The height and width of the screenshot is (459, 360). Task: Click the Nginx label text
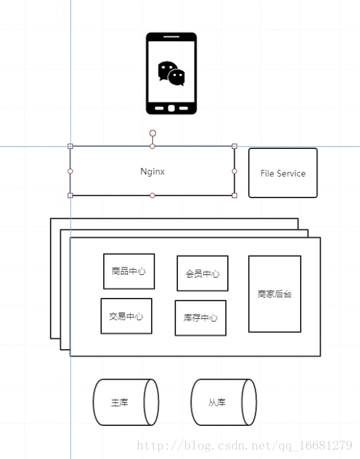[x=152, y=171]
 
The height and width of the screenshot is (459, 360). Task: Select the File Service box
[x=282, y=173]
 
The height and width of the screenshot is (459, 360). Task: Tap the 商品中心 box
[x=129, y=271]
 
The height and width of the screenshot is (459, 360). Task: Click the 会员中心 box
[x=202, y=273]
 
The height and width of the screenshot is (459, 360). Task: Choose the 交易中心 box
[x=126, y=315]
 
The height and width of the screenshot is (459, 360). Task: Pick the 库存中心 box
[x=200, y=317]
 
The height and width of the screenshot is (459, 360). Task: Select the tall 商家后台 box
[x=274, y=294]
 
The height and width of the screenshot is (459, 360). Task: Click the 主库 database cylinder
[x=125, y=402]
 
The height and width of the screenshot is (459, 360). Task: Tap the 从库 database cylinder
[x=223, y=402]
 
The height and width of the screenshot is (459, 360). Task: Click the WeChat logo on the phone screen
[x=171, y=73]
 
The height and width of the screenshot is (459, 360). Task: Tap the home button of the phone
[x=171, y=109]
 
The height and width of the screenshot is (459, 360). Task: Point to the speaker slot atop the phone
[x=171, y=37]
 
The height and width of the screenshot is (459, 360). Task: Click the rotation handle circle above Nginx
[x=152, y=133]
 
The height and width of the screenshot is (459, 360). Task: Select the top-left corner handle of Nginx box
[x=70, y=146]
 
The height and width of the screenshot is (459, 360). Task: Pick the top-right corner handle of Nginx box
[x=235, y=146]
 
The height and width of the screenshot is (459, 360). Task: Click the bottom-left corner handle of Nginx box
[x=70, y=195]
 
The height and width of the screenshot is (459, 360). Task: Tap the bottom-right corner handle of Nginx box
[x=235, y=195]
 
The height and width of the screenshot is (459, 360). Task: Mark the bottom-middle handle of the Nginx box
[x=152, y=195]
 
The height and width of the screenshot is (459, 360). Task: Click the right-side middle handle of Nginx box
[x=235, y=171]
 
